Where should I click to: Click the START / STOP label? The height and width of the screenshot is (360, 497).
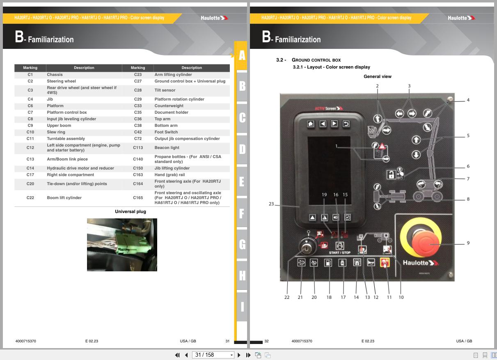pyautogui.click(x=339, y=252)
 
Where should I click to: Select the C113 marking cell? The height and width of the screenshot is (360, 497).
pyautogui.click(x=138, y=148)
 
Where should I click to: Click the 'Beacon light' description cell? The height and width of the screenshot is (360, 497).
pyautogui.click(x=167, y=148)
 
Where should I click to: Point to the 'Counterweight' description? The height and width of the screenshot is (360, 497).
pyautogui.click(x=169, y=105)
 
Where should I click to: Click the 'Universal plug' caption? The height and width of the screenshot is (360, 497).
pyautogui.click(x=131, y=211)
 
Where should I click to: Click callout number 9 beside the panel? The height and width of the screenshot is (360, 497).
pyautogui.click(x=468, y=243)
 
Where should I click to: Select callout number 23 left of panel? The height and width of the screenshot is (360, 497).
pyautogui.click(x=271, y=204)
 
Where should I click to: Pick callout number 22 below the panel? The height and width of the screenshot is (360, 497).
pyautogui.click(x=287, y=297)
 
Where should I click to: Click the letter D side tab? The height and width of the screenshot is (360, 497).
pyautogui.click(x=242, y=149)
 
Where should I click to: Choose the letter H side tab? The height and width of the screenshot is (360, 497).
pyautogui.click(x=242, y=275)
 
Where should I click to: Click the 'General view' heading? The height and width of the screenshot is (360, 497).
pyautogui.click(x=378, y=76)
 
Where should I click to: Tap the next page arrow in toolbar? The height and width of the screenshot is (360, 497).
pyautogui.click(x=239, y=355)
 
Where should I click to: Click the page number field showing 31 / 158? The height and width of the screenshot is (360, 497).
pyautogui.click(x=213, y=355)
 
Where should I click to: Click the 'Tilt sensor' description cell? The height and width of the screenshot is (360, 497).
pyautogui.click(x=165, y=90)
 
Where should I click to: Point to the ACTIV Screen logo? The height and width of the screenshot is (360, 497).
pyautogui.click(x=329, y=108)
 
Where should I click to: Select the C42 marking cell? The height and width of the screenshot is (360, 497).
pyautogui.click(x=138, y=132)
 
